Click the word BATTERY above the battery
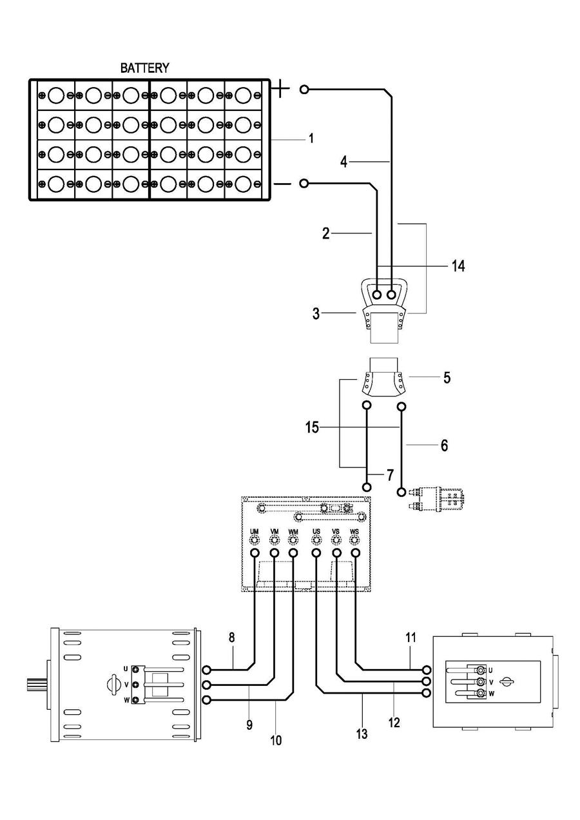(x=145, y=68)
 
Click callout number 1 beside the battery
(x=311, y=139)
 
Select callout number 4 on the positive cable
(x=344, y=161)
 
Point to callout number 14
(x=458, y=265)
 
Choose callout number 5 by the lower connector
(x=447, y=377)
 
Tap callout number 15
(x=313, y=427)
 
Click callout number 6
(x=443, y=445)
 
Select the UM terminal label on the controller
(x=255, y=531)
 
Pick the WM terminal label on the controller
(x=293, y=531)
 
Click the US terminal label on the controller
(x=316, y=531)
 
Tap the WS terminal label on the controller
(x=354, y=531)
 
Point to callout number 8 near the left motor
(x=232, y=638)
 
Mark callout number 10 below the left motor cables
(x=276, y=740)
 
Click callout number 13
(x=362, y=733)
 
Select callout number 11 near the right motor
(x=411, y=638)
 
